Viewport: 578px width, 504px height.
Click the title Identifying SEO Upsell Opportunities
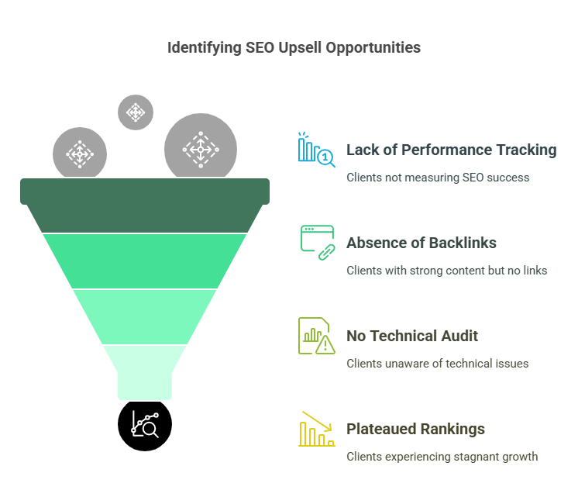(x=294, y=47)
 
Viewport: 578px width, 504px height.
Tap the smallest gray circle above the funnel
(x=136, y=112)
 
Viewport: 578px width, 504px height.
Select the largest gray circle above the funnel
(x=201, y=147)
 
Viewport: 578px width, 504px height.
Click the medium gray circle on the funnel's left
(x=80, y=153)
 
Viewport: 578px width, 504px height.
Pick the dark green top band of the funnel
(x=145, y=205)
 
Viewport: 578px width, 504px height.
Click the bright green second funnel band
(x=145, y=261)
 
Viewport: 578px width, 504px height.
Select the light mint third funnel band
(x=145, y=317)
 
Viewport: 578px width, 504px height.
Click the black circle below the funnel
(x=145, y=425)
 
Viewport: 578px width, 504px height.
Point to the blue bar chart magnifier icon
(x=317, y=150)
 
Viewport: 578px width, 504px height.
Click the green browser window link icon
(x=318, y=243)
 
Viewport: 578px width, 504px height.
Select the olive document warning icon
(x=317, y=336)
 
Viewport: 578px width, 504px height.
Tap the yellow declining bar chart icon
(x=317, y=429)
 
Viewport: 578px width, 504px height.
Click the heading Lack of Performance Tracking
(x=451, y=150)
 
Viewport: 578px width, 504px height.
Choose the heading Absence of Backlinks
(x=421, y=243)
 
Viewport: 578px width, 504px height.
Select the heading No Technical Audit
(x=412, y=336)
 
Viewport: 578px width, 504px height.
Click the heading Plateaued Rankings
(x=415, y=429)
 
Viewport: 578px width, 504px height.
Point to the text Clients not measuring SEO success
(x=438, y=178)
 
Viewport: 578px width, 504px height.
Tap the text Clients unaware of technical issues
(x=437, y=364)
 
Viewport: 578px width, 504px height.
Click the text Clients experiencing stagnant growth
(x=442, y=457)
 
